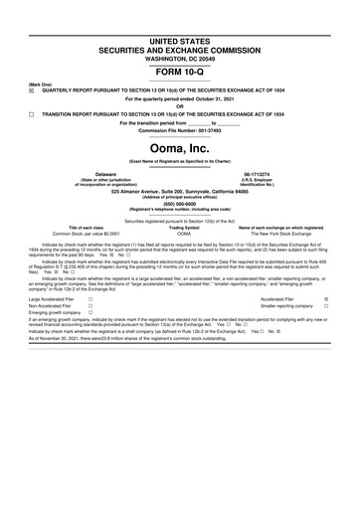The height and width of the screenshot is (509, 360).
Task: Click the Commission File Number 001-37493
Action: [x=180, y=130]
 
